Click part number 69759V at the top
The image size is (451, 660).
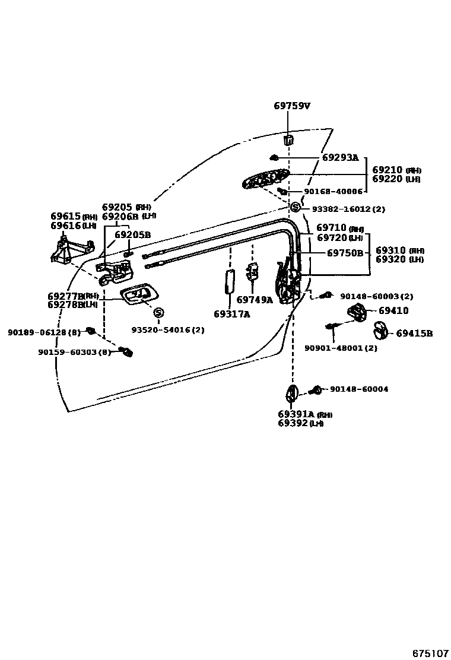(292, 106)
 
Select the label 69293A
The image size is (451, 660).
(340, 158)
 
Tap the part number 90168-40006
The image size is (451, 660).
(332, 192)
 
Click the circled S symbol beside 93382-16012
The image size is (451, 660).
(296, 208)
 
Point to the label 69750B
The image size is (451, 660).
(345, 253)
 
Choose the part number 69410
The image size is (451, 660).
(393, 310)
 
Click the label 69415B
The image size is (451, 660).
(414, 334)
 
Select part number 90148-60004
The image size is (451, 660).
(358, 389)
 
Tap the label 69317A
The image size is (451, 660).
(231, 315)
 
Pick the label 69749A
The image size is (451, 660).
(255, 300)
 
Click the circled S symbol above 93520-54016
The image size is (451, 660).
(158, 313)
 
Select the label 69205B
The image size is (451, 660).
(132, 234)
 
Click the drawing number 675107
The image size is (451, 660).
(431, 653)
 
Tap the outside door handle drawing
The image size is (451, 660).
(265, 178)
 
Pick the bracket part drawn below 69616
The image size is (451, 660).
(70, 249)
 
